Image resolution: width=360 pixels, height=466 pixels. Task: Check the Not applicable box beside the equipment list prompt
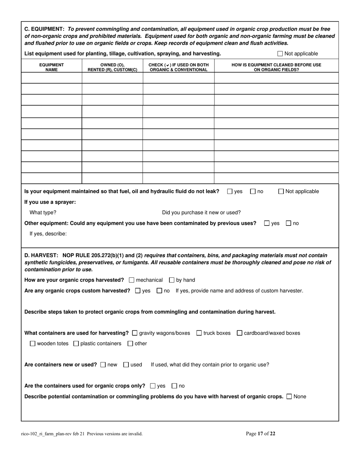tap(280, 54)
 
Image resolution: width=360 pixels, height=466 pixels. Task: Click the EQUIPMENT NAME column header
tap(52, 67)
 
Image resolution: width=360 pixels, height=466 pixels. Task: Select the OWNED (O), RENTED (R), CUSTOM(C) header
tap(112, 67)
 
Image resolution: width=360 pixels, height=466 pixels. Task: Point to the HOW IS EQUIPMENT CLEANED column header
tap(276, 67)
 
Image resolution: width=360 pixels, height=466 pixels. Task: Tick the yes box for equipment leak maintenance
tap(230, 192)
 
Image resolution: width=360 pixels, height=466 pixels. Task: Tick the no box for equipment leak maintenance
tap(253, 192)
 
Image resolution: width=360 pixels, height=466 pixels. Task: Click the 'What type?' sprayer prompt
tap(43, 213)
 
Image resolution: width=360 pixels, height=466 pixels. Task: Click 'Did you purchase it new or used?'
tap(201, 213)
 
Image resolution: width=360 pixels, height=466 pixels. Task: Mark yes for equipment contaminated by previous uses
tap(267, 224)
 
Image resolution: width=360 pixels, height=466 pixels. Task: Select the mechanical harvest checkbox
tap(131, 280)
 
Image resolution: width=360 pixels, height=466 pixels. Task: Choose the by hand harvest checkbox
tap(172, 280)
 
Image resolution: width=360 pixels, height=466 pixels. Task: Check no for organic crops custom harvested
tap(159, 291)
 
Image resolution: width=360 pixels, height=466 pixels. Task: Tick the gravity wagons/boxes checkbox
tap(135, 333)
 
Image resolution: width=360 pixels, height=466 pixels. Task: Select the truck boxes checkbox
tap(199, 333)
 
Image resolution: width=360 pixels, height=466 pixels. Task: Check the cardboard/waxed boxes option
tap(239, 333)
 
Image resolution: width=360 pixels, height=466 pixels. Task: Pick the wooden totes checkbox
tap(33, 344)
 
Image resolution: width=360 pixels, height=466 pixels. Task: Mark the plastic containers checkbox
tap(76, 344)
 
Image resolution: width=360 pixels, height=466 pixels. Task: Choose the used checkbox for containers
tap(126, 365)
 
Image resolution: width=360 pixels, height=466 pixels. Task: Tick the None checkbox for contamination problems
tap(290, 397)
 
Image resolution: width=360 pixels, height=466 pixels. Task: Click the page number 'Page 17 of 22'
tap(261, 434)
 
